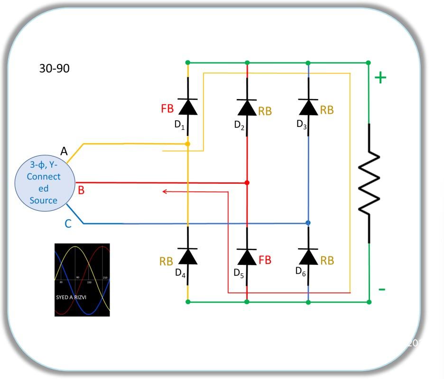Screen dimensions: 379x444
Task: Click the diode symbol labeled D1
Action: coord(188,107)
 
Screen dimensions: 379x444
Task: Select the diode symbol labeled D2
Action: coord(247,108)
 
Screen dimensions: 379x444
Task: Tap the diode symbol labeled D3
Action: coord(308,107)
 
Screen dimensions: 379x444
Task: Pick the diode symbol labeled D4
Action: coord(188,257)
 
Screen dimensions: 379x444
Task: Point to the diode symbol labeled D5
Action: coord(247,257)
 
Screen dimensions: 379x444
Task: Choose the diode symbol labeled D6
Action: coord(308,257)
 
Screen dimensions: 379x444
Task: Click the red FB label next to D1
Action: coord(167,108)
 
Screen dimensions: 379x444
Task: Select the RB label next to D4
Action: coord(166,262)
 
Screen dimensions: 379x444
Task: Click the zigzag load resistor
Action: coord(369,183)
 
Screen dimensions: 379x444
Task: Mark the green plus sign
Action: coord(380,78)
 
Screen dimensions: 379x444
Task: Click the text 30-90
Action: coord(54,69)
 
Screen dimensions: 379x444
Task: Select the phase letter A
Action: coord(65,152)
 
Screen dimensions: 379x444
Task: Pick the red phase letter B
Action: coord(81,190)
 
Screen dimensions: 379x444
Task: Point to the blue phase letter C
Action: coord(68,224)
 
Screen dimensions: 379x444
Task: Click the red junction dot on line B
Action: coord(247,182)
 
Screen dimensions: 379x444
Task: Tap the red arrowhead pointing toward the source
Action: coord(165,191)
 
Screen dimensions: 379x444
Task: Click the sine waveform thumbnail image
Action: coord(82,280)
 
